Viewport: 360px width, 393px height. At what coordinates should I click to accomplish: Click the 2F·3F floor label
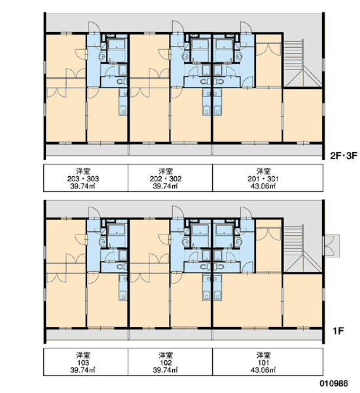click(344, 156)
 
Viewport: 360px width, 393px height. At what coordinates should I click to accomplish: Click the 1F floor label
click(338, 331)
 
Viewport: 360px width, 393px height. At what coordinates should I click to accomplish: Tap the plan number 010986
click(334, 383)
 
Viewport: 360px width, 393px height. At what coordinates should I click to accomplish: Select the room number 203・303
click(83, 179)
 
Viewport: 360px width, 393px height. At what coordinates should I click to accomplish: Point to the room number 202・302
click(166, 179)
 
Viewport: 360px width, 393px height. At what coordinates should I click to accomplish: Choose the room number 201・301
click(263, 179)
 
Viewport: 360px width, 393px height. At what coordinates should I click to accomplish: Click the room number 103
click(83, 363)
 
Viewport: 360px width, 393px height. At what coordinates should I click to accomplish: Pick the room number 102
click(166, 363)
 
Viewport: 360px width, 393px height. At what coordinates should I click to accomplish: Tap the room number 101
click(263, 363)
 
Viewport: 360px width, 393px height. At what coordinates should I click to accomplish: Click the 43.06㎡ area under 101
click(263, 370)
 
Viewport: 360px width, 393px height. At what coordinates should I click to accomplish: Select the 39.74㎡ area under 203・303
click(82, 186)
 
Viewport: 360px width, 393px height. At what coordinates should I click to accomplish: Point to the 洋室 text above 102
click(166, 355)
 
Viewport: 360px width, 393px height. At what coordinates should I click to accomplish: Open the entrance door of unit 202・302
click(177, 27)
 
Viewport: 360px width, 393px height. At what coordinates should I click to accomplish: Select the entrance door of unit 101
click(246, 213)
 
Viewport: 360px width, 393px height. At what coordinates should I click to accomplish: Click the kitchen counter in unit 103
click(123, 288)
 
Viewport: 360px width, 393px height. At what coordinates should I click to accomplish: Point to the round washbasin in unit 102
click(185, 242)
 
